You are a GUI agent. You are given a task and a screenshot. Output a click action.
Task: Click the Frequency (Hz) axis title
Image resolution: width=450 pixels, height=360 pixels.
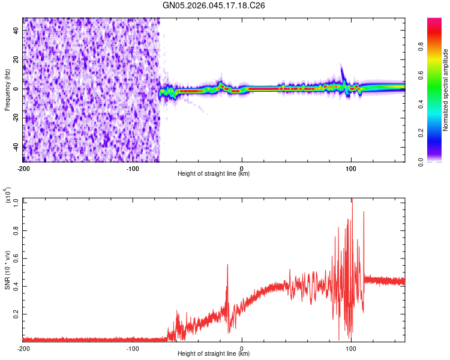coord(7,90)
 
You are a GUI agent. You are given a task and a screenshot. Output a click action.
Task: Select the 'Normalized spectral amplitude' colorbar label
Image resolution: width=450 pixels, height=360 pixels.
coord(446,90)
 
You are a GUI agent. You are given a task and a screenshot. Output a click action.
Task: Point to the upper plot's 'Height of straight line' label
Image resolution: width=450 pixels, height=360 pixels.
coord(214,174)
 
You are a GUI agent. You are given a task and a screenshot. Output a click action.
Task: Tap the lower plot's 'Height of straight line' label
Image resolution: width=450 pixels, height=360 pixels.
coord(214,354)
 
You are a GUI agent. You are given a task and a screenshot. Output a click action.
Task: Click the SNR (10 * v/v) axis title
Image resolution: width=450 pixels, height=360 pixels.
coord(7,270)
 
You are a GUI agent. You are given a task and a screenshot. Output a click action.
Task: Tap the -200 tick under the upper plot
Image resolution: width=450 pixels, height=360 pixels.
coord(24,168)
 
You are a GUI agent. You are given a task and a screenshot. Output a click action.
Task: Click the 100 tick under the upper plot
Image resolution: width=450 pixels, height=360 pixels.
coord(351,168)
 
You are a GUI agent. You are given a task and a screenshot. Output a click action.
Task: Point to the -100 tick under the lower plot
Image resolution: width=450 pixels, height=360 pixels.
coord(133,348)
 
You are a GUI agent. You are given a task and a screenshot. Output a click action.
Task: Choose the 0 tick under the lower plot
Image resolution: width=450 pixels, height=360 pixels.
coord(242,348)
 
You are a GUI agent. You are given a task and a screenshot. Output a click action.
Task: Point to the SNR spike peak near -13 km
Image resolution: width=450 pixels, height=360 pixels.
coord(227,265)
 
